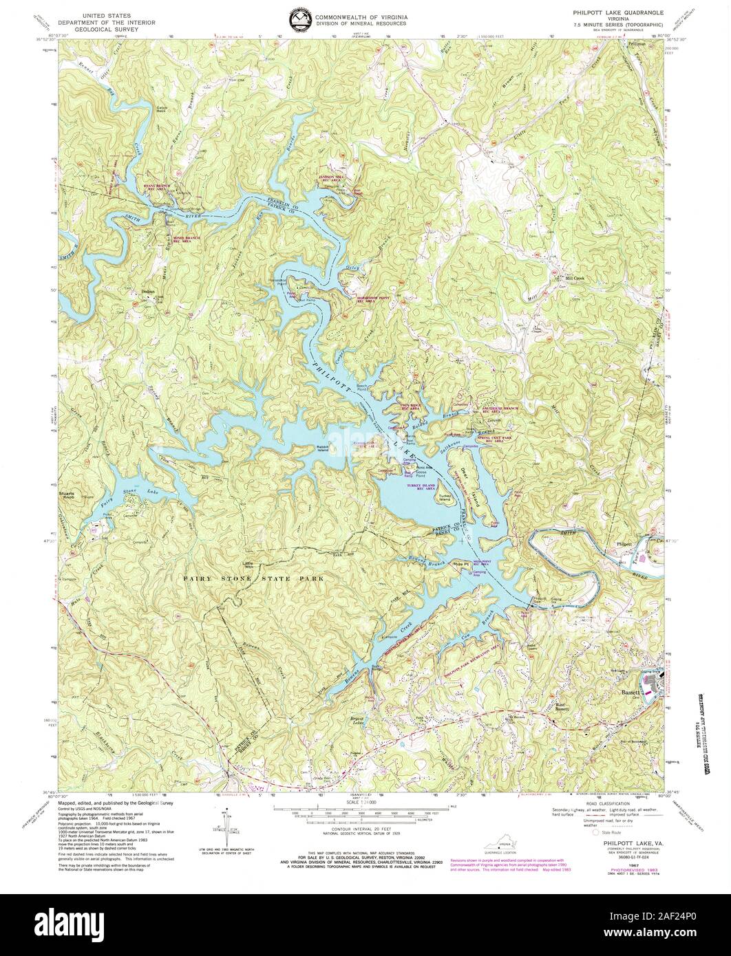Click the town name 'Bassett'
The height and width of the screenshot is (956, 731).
click(632, 693)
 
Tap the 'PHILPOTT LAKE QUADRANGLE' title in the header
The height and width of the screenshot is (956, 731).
click(613, 12)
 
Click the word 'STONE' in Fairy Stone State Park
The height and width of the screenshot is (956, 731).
click(238, 579)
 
